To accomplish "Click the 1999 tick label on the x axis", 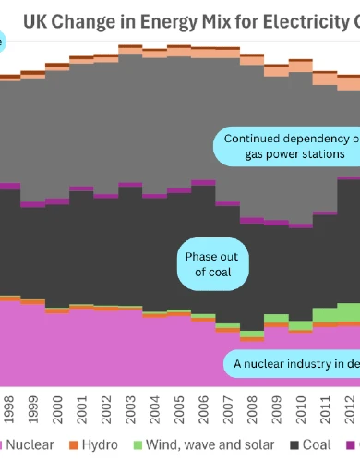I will (32, 410).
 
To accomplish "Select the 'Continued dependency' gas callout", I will (288, 147).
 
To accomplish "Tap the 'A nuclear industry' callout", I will (294, 364).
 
